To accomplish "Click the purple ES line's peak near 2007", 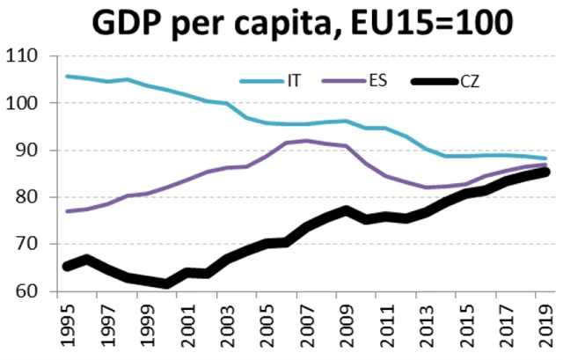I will (x=305, y=140).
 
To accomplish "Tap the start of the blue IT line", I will (x=68, y=77).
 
